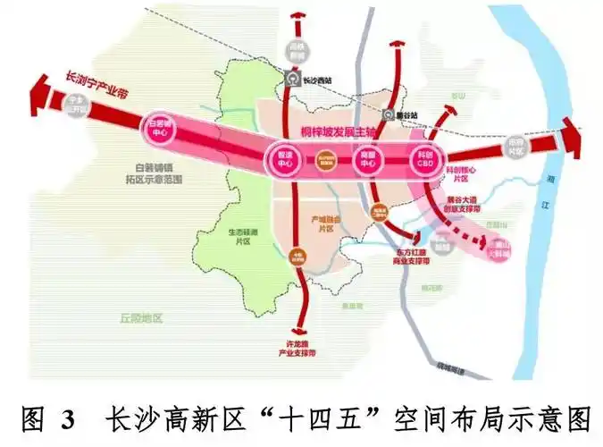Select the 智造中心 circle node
coord(285,160)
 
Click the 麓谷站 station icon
coord(388,115)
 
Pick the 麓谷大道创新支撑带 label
coord(471,207)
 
